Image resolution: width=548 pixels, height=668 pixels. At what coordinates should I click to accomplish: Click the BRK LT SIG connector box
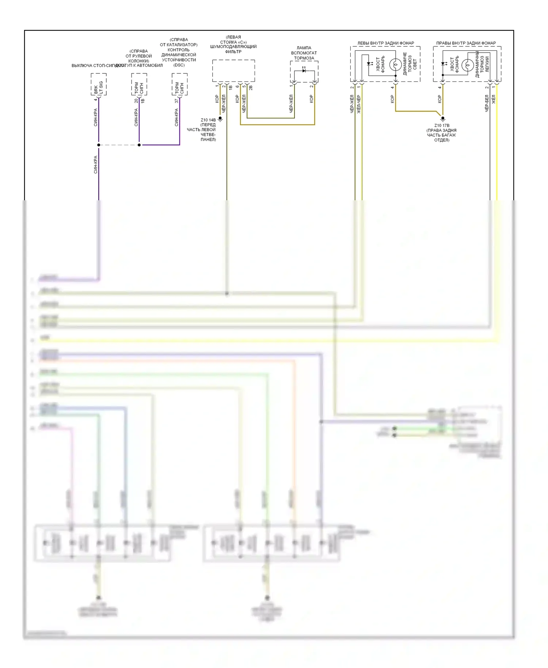pyautogui.click(x=99, y=84)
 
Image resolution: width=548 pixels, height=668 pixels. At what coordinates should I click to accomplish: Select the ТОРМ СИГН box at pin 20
pyautogui.click(x=139, y=84)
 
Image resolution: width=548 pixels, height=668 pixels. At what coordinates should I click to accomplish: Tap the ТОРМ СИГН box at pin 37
pyautogui.click(x=180, y=84)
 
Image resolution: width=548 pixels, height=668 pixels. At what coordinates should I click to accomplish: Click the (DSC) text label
pyautogui.click(x=179, y=65)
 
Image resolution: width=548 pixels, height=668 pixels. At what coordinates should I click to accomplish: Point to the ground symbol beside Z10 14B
pyautogui.click(x=220, y=119)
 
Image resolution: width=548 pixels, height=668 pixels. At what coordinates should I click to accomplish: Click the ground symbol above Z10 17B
pyautogui.click(x=443, y=118)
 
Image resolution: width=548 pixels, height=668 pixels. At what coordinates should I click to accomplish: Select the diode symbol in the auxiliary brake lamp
pyautogui.click(x=304, y=70)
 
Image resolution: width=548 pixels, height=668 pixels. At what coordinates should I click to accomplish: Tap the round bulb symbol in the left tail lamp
pyautogui.click(x=395, y=65)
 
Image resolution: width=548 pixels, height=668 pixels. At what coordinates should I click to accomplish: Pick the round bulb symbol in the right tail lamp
pyautogui.click(x=468, y=65)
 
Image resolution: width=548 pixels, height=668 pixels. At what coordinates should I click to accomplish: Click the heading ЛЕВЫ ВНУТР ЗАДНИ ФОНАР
pyautogui.click(x=385, y=43)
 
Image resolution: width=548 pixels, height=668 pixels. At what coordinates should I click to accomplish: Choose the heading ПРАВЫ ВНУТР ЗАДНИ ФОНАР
pyautogui.click(x=466, y=43)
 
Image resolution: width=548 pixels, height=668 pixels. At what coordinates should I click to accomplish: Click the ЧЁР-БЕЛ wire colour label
pyautogui.click(x=487, y=103)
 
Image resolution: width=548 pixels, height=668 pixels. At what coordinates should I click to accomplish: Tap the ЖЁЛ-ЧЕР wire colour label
pyautogui.click(x=359, y=104)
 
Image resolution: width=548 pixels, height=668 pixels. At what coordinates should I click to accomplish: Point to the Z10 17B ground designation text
pyautogui.click(x=442, y=125)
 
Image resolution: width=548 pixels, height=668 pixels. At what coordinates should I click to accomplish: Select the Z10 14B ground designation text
pyautogui.click(x=208, y=120)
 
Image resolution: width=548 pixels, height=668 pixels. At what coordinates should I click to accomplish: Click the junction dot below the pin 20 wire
pyautogui.click(x=139, y=145)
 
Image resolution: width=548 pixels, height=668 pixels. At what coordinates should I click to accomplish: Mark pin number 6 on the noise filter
pyautogui.click(x=237, y=87)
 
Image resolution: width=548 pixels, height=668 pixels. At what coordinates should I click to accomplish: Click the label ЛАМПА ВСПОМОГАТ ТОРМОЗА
pyautogui.click(x=304, y=53)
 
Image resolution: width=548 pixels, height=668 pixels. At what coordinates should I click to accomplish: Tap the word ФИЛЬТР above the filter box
pyautogui.click(x=233, y=52)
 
